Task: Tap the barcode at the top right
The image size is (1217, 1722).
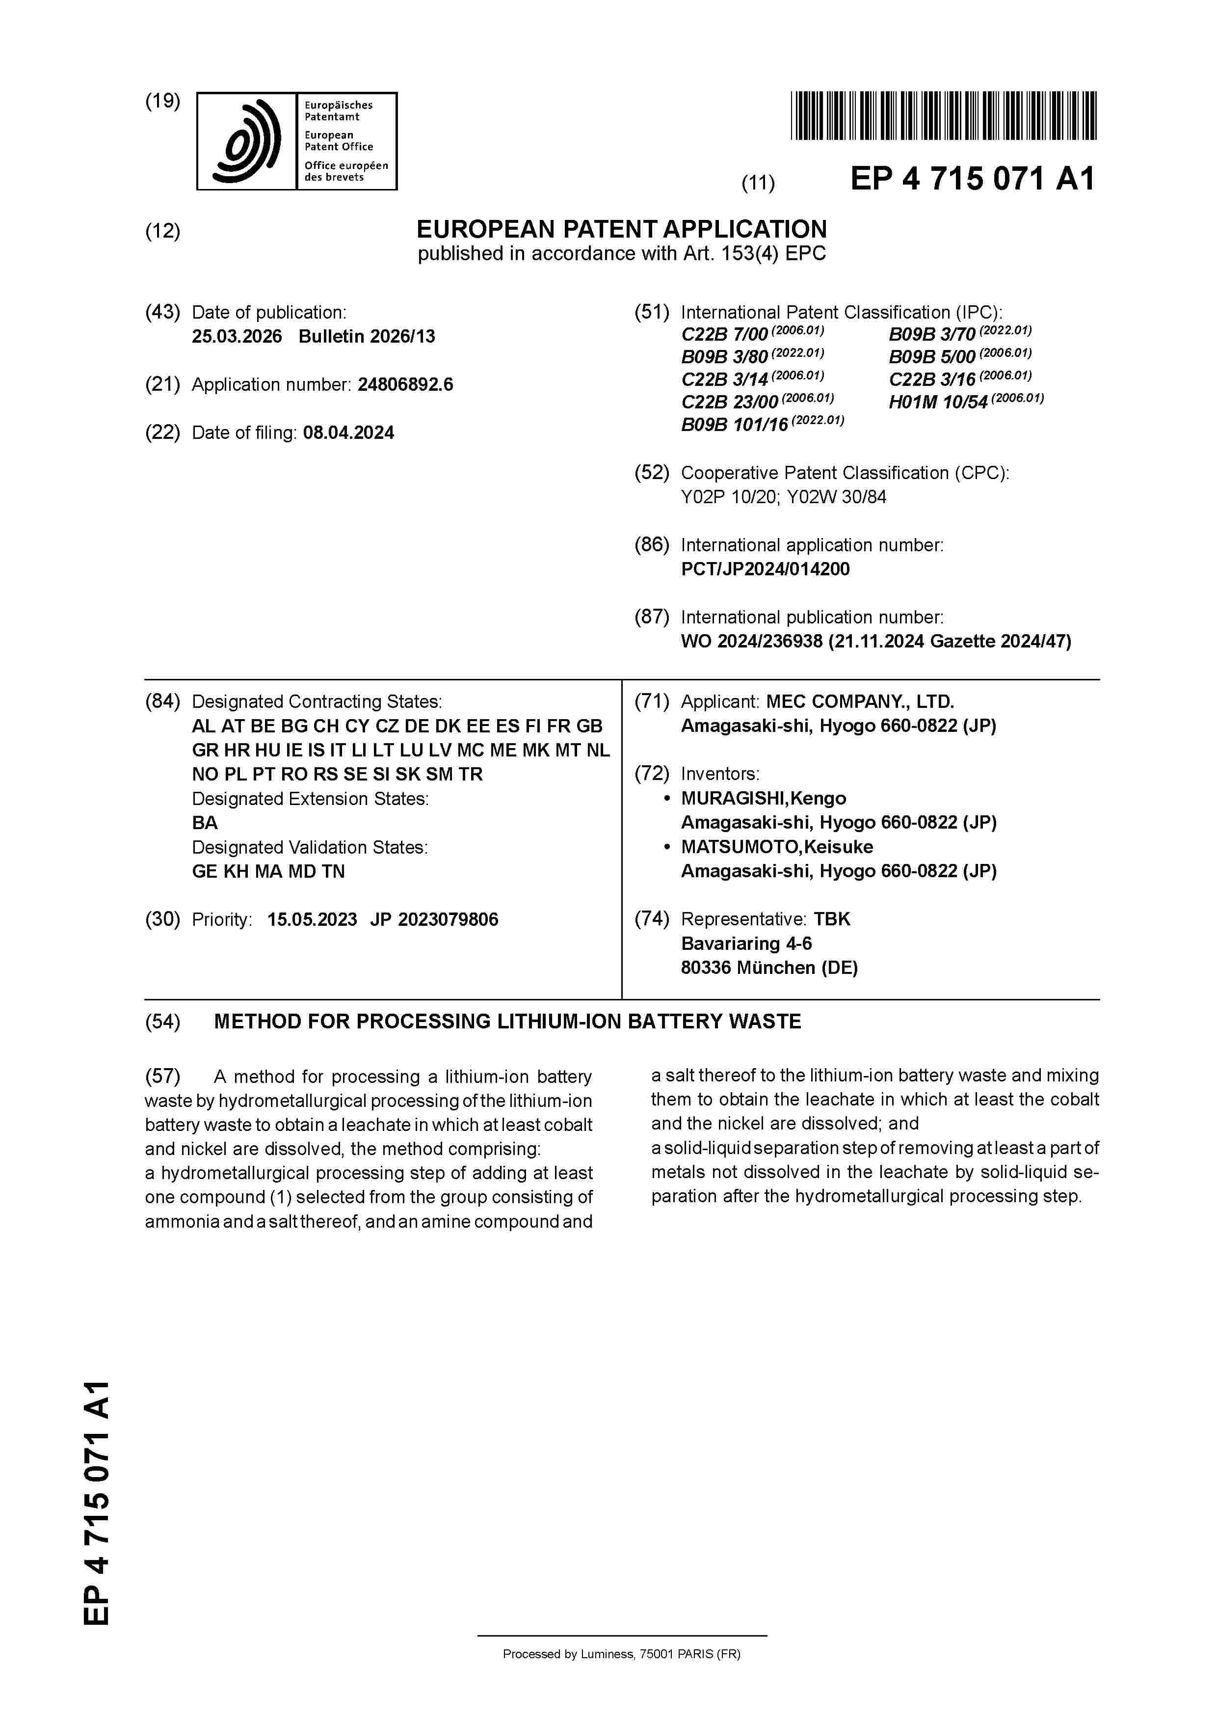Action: (943, 115)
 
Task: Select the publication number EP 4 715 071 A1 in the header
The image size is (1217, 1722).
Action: (972, 179)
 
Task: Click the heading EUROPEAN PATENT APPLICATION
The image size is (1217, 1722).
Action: (622, 229)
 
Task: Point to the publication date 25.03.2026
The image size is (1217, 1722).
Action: (237, 336)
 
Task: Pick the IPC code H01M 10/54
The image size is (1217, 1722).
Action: (938, 402)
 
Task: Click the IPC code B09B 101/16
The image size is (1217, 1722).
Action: (734, 425)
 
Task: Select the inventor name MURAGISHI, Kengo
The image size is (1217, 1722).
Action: (764, 798)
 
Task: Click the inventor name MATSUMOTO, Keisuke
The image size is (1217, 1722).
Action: (777, 847)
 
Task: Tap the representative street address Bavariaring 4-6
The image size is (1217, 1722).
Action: (746, 943)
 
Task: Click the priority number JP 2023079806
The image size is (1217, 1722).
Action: (434, 919)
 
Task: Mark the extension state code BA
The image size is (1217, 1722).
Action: (205, 823)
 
